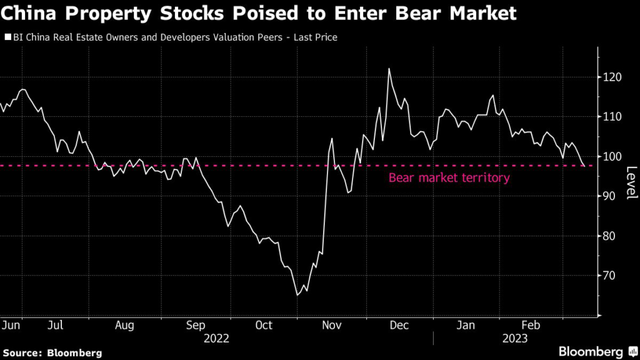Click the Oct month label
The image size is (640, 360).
263,325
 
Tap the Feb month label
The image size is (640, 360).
531,325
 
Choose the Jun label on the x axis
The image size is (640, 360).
12,325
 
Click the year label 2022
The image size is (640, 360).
216,339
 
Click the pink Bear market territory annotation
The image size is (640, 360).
449,178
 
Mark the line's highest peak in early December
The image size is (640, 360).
389,69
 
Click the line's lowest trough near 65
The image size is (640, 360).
297,295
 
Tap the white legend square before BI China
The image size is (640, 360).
7,38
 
